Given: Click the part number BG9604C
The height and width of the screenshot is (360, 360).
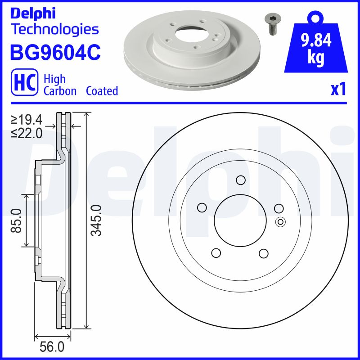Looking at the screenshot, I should pos(55,52).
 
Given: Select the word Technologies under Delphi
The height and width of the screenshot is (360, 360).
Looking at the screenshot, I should pos(54,30).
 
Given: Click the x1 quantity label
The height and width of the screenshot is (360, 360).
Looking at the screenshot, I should pos(338,90).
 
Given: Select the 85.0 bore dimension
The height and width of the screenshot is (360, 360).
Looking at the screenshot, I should pos(17,220).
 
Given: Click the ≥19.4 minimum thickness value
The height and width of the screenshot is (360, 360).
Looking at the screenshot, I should pos(27,120).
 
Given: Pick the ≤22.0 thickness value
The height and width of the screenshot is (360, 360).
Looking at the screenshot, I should pos(27,133).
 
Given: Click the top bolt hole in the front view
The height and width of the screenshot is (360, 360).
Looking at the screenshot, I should pos(240,180).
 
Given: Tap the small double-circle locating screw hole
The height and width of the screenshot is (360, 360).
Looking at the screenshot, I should pos(280,221).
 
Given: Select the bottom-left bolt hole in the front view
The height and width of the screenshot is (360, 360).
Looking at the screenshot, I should pos(216,253).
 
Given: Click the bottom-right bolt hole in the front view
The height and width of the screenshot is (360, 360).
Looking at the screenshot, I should pos(264,253).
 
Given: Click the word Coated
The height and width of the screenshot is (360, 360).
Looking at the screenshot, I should pos(102,91).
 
